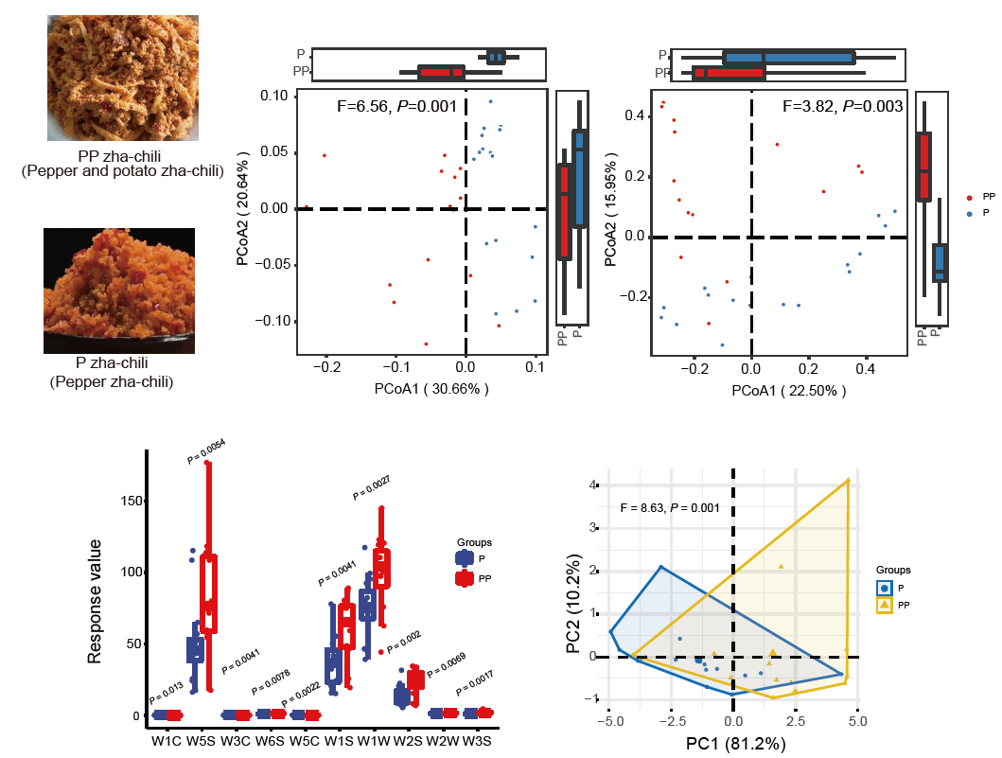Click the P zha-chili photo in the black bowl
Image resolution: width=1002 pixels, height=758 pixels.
tap(119, 291)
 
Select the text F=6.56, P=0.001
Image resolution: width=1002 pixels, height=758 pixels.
tap(396, 107)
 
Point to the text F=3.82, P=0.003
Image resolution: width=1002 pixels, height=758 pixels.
tap(843, 107)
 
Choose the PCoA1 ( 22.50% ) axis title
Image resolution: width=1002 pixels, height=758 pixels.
tap(782, 389)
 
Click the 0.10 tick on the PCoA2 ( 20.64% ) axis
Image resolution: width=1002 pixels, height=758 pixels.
tap(273, 96)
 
